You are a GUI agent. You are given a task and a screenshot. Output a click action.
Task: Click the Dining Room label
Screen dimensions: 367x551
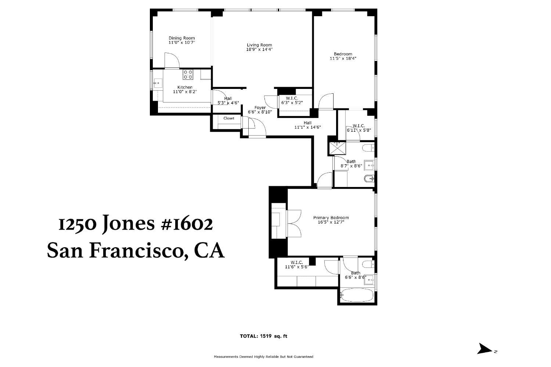(x=181, y=38)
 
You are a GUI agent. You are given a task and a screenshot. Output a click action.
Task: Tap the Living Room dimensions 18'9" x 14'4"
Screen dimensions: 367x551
(x=259, y=49)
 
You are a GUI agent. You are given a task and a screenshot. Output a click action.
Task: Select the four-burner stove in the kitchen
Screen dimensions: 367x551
(x=188, y=74)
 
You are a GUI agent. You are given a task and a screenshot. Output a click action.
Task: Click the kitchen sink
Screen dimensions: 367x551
(x=158, y=84)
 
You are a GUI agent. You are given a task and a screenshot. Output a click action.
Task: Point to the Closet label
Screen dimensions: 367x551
(x=228, y=118)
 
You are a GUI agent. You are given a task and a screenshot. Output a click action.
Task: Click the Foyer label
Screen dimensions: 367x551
(x=260, y=108)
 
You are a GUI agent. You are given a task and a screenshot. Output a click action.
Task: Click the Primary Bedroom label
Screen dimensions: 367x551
(x=331, y=217)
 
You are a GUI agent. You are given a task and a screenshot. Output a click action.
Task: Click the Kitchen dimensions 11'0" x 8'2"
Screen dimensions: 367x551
(x=185, y=91)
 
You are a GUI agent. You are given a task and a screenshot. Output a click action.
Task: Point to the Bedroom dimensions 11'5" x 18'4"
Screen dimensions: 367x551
(x=343, y=58)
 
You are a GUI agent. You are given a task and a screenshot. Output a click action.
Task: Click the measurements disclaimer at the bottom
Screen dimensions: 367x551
(x=263, y=357)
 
